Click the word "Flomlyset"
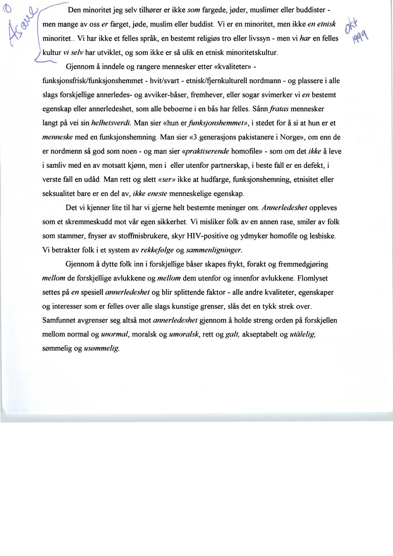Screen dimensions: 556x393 [310, 279]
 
